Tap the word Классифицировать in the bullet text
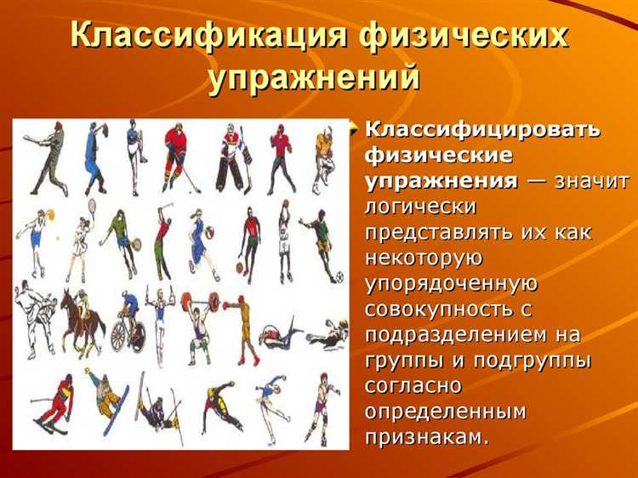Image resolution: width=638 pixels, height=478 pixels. [x=482, y=131]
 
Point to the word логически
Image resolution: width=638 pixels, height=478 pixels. [x=420, y=207]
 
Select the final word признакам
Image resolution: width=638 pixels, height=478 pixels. [x=427, y=437]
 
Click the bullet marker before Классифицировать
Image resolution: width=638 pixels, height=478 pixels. [x=356, y=129]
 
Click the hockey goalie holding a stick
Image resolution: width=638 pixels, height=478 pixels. [x=231, y=157]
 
